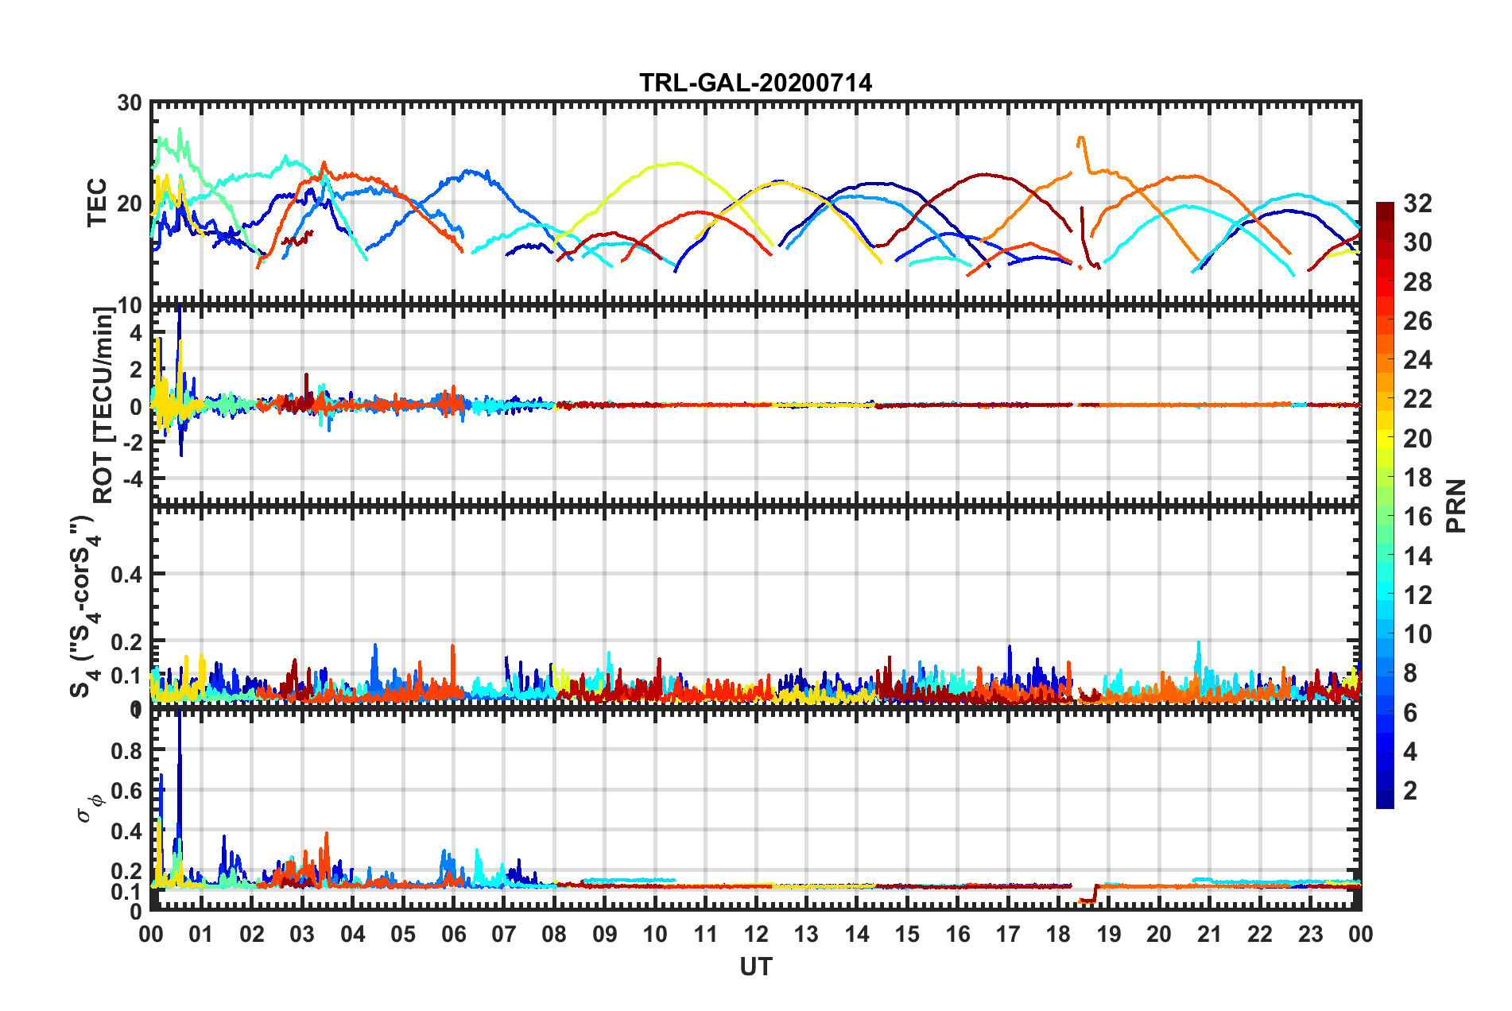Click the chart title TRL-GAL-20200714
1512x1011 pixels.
coord(755,83)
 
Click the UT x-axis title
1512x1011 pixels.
coord(755,966)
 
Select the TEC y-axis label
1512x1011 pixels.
coord(97,203)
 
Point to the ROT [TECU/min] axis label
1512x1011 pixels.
coord(103,405)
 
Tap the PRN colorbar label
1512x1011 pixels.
coord(1456,505)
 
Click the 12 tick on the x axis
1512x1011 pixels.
coord(755,934)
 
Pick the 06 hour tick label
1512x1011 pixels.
coord(453,934)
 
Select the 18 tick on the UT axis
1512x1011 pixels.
coord(1058,934)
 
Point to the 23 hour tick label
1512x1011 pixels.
coord(1310,934)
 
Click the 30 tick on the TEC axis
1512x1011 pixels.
coord(130,103)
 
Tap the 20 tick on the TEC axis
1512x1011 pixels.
coord(130,203)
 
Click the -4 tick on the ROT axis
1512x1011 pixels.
coord(131,479)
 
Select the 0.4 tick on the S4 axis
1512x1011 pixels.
coord(126,574)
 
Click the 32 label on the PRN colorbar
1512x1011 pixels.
coord(1417,203)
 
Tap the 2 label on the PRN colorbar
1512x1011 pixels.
coord(1411,790)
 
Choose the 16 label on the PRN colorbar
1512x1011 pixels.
coord(1417,517)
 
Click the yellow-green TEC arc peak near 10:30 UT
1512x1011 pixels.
coord(677,163)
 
